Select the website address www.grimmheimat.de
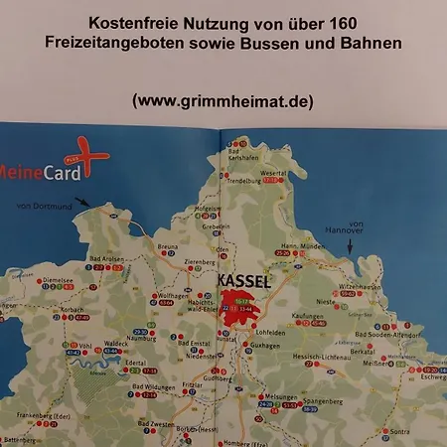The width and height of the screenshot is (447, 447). (x=223, y=100)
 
